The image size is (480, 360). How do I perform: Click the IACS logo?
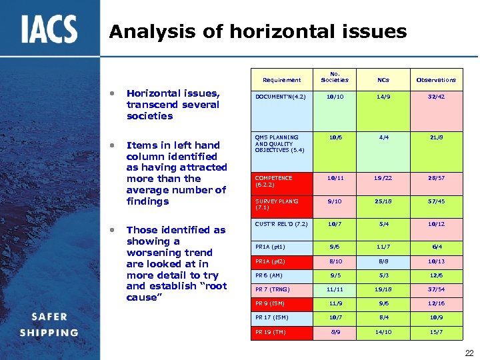pyautogui.click(x=49, y=30)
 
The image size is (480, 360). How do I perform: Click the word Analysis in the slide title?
pyautogui.click(x=143, y=31)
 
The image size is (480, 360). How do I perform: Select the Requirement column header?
pyautogui.click(x=281, y=80)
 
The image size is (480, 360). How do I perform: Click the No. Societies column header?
pyautogui.click(x=335, y=77)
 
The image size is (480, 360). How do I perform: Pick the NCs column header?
pyautogui.click(x=383, y=80)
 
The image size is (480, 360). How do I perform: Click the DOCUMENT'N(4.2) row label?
pyautogui.click(x=280, y=97)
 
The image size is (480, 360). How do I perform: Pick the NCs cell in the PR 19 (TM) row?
pyautogui.click(x=383, y=331)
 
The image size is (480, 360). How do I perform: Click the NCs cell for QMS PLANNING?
pyautogui.click(x=383, y=138)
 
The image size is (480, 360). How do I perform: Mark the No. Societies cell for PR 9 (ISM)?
pyautogui.click(x=335, y=303)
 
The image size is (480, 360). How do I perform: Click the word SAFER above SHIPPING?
pyautogui.click(x=49, y=318)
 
